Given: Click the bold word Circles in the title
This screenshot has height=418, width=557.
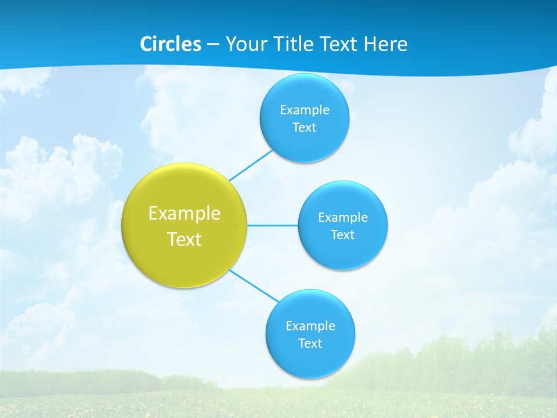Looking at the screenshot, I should tap(171, 44).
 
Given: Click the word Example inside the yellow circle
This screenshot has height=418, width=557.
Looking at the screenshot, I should tap(185, 214).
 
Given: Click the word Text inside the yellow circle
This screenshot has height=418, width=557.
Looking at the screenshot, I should tap(185, 239).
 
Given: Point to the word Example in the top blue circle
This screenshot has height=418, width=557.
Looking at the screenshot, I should tap(305, 110).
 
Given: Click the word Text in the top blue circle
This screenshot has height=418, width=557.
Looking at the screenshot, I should tap(305, 128).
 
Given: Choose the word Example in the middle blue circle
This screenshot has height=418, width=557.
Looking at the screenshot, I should tap(343, 218).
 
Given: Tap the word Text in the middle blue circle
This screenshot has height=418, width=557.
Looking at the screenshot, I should tap(343, 235).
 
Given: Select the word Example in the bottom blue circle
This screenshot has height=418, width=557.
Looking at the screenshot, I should tap(310, 326).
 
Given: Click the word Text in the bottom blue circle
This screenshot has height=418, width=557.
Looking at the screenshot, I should tap(310, 344).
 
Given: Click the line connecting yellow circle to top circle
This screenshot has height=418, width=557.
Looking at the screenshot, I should tap(251, 165).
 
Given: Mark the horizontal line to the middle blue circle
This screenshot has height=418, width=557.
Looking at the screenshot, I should tap(273, 225).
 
